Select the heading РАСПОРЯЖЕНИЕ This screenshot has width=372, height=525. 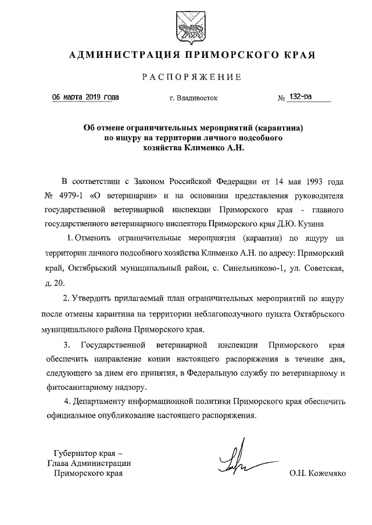pos(186,77)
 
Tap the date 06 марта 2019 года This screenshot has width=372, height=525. pos(85,97)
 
